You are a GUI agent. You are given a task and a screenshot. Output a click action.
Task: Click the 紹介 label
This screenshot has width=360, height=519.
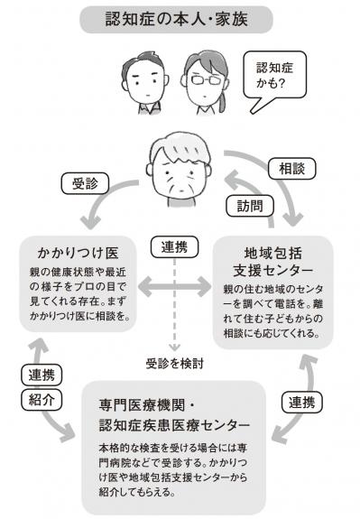(x=37, y=397)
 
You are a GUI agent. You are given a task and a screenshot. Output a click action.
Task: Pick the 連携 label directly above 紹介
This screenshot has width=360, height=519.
(x=37, y=374)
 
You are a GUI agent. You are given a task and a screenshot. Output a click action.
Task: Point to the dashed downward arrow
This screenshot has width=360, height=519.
(x=180, y=307)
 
